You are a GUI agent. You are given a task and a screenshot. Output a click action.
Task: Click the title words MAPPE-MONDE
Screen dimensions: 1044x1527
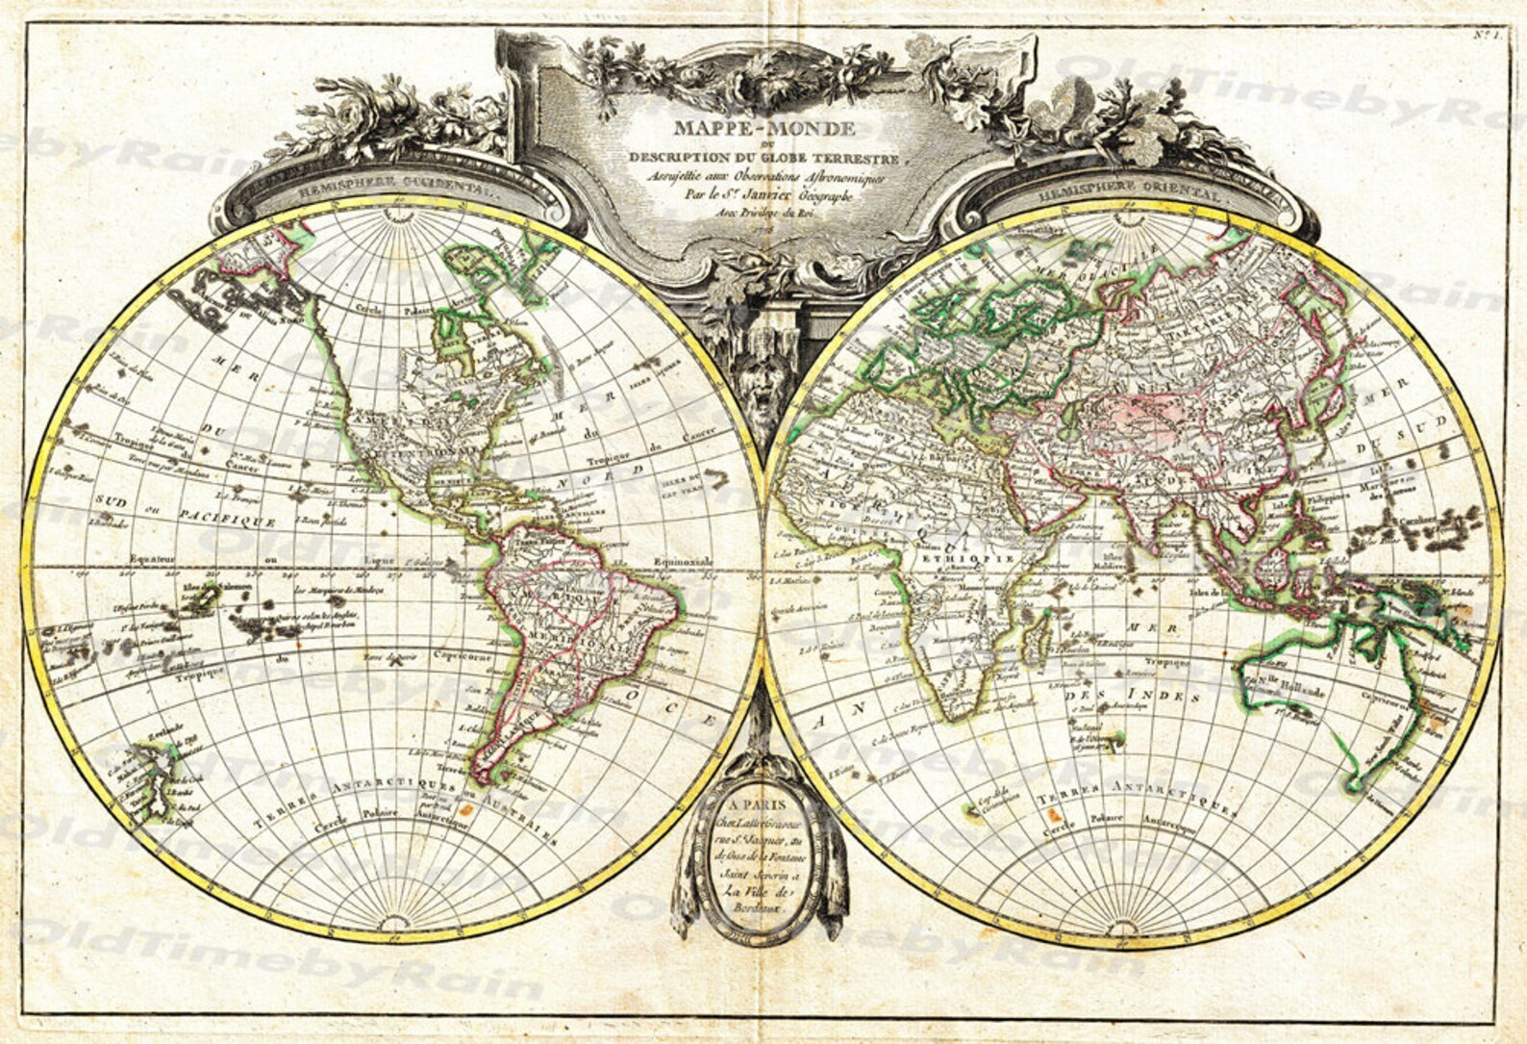[763, 129]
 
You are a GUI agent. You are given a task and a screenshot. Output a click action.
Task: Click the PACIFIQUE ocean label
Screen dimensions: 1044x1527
[229, 521]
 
